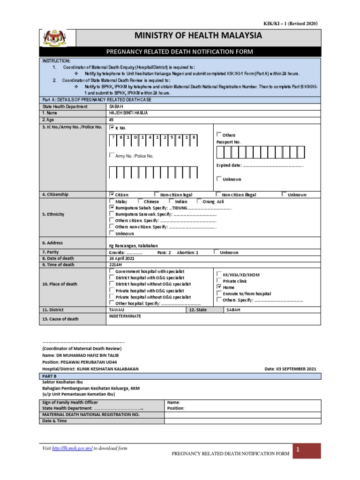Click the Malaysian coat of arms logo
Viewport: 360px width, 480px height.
[x=54, y=39]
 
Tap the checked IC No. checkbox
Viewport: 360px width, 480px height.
[x=112, y=127]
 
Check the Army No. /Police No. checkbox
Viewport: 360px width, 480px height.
[x=112, y=155]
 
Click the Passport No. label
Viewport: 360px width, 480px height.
[x=228, y=142]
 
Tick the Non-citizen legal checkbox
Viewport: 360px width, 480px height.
[x=156, y=194]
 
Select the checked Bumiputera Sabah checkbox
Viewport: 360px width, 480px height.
[x=112, y=207]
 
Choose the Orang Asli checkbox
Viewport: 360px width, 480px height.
[x=199, y=201]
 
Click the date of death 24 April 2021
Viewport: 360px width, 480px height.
[x=121, y=258]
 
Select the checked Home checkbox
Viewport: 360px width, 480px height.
[x=219, y=287]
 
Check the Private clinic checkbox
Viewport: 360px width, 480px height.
[x=219, y=280]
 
